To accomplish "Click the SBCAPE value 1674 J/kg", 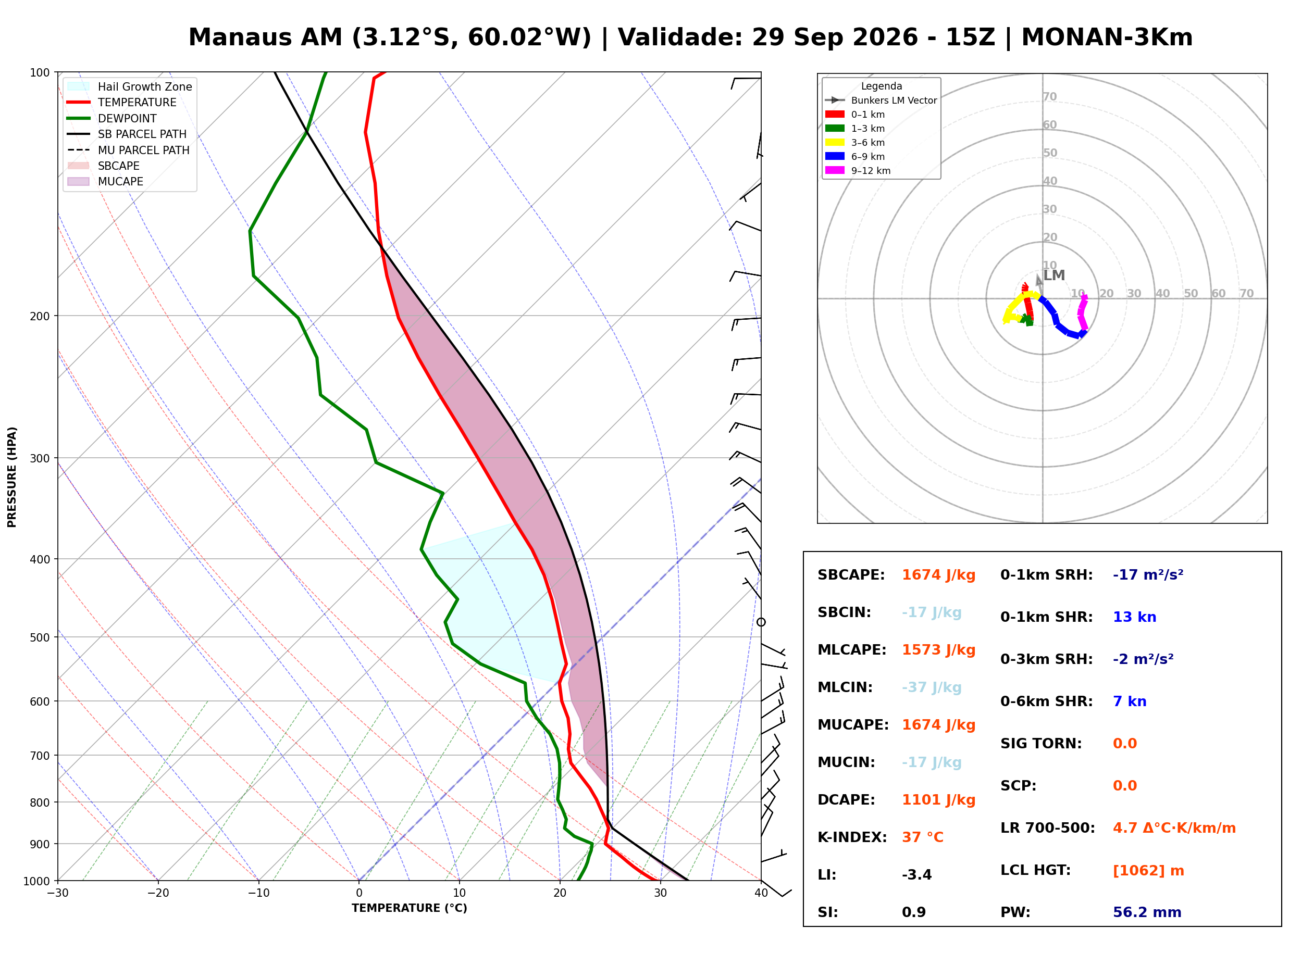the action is coord(939,575).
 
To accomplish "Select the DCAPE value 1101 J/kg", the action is coord(939,800).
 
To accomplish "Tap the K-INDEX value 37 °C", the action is coord(923,837).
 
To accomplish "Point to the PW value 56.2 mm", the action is coord(1147,912).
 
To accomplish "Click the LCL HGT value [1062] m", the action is coord(1148,871).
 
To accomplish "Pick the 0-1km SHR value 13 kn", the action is coord(1134,617).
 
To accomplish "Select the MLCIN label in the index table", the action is coord(845,687).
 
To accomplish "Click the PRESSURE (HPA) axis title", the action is coord(12,477).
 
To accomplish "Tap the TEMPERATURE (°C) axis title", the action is coord(410,909).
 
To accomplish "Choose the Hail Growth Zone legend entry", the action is coord(130,87).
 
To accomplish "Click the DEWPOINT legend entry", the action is coord(112,119).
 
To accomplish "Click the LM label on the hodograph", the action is coord(1054,276).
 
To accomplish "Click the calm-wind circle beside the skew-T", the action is coord(761,622).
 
